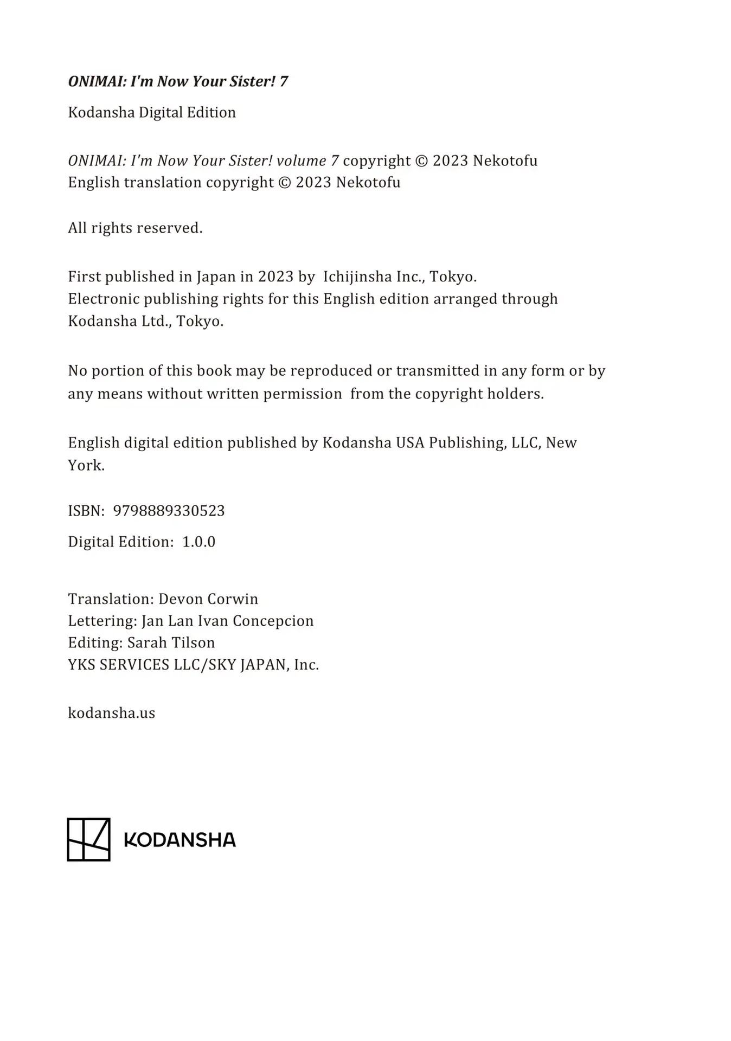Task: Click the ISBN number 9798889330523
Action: point(169,511)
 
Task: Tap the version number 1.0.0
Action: point(198,542)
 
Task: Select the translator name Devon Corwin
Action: point(208,599)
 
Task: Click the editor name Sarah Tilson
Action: point(171,642)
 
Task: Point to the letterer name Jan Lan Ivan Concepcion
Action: point(228,621)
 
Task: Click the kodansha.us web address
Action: point(111,712)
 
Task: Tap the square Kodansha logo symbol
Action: point(88,839)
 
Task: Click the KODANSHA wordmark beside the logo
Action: point(180,840)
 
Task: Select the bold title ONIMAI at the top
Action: point(97,81)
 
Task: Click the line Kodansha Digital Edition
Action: point(152,112)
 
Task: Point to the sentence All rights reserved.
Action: point(135,228)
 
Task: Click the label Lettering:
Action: point(102,621)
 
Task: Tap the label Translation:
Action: point(111,599)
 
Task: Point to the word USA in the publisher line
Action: point(410,442)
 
